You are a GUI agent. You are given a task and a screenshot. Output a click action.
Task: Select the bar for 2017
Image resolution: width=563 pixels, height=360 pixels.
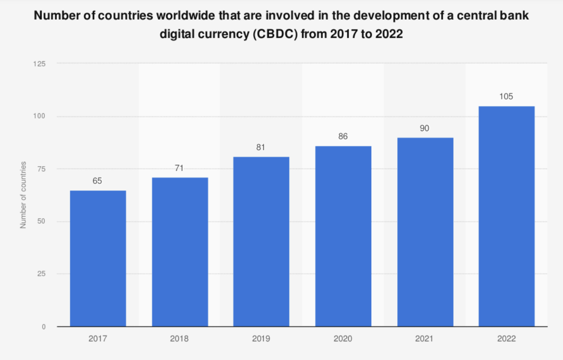pyautogui.click(x=98, y=259)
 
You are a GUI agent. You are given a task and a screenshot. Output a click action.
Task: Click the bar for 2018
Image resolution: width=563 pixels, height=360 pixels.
pyautogui.click(x=180, y=252)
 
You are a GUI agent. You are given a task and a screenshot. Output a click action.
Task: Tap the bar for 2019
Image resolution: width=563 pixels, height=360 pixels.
pyautogui.click(x=261, y=242)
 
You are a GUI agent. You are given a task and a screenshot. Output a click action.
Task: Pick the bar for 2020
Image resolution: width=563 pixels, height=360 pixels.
pyautogui.click(x=343, y=236)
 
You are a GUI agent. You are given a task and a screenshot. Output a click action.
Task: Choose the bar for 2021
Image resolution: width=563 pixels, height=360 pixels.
pyautogui.click(x=425, y=232)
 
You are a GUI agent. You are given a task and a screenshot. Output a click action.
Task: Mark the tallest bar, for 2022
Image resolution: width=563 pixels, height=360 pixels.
pyautogui.click(x=506, y=216)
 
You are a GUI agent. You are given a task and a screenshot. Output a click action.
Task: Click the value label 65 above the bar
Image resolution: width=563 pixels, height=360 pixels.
pyautogui.click(x=97, y=181)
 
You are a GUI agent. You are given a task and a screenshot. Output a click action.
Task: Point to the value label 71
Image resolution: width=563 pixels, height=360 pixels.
pyautogui.click(x=179, y=168)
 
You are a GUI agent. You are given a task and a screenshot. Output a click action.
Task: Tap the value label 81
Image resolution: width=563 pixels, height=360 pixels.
pyautogui.click(x=261, y=147)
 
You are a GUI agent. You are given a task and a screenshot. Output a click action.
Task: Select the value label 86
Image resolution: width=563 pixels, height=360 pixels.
pyautogui.click(x=343, y=137)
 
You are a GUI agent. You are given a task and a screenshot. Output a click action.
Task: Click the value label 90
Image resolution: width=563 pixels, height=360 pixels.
pyautogui.click(x=425, y=128)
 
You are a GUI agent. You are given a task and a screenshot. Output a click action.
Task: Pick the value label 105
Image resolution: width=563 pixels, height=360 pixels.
pyautogui.click(x=506, y=96)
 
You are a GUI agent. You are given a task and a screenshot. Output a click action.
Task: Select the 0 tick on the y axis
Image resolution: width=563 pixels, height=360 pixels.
pyautogui.click(x=44, y=327)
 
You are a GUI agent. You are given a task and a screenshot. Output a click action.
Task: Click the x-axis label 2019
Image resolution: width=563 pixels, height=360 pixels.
pyautogui.click(x=261, y=339)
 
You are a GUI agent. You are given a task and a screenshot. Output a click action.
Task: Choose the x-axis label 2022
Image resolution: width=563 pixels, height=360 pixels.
pyautogui.click(x=506, y=339)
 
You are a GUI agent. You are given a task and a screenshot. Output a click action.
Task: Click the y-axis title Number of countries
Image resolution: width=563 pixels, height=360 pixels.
pyautogui.click(x=23, y=195)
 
